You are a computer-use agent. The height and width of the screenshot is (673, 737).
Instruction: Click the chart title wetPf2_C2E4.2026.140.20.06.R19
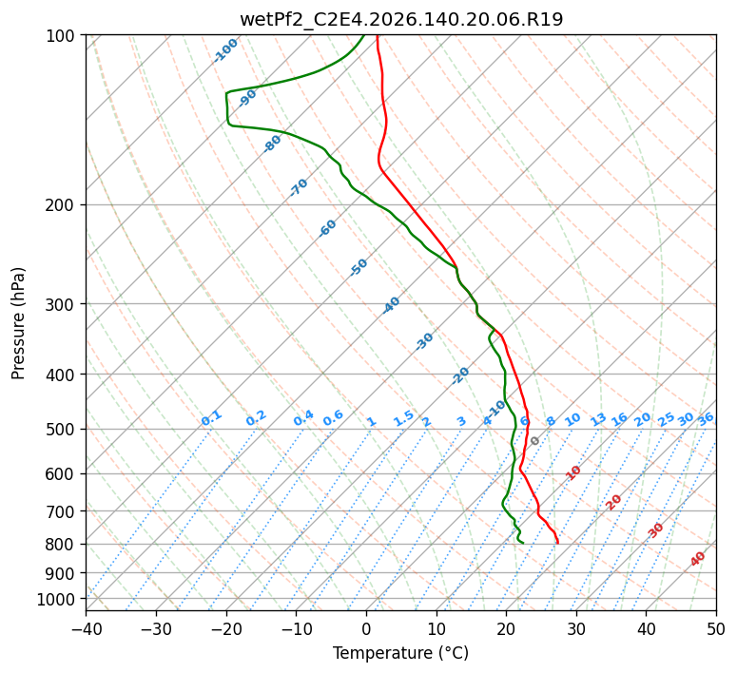coord(401,20)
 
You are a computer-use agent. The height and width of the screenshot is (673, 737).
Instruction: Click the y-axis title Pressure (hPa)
coord(18,323)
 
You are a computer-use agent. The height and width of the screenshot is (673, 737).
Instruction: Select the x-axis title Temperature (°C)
coord(401,653)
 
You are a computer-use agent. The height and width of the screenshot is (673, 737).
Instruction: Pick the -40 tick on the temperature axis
coord(86,628)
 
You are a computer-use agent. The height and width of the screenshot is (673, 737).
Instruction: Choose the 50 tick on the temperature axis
coord(716,628)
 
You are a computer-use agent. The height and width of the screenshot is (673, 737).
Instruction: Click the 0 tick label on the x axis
coord(366,628)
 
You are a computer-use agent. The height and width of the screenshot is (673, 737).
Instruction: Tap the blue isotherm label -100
coord(226,50)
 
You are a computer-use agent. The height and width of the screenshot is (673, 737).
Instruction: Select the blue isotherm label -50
coord(359,267)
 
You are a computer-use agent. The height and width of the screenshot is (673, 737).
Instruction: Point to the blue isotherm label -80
coord(272,144)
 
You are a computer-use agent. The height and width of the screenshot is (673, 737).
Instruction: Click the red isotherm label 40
coord(698,559)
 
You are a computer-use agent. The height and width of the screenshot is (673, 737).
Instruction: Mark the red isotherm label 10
coord(573,472)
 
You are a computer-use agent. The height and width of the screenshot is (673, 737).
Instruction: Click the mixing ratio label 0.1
coord(211,418)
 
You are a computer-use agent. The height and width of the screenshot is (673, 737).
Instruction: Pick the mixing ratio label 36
coord(706,419)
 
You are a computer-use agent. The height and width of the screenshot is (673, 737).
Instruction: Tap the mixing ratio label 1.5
coord(404,418)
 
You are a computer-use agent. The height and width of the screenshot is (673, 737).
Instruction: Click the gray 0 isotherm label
coord(534,441)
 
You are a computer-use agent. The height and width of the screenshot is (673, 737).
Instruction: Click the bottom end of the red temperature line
coord(558,544)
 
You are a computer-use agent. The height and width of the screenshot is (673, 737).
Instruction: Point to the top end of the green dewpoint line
coord(364,35)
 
